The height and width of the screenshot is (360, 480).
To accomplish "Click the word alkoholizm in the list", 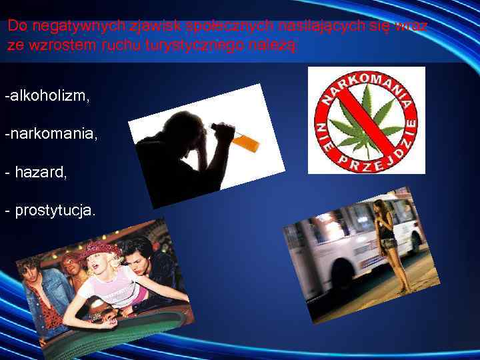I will (49, 96).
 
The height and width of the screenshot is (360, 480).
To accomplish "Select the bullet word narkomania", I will (53, 134).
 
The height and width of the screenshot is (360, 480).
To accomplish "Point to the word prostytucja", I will (55, 211).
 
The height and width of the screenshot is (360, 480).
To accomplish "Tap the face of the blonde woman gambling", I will (107, 265).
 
